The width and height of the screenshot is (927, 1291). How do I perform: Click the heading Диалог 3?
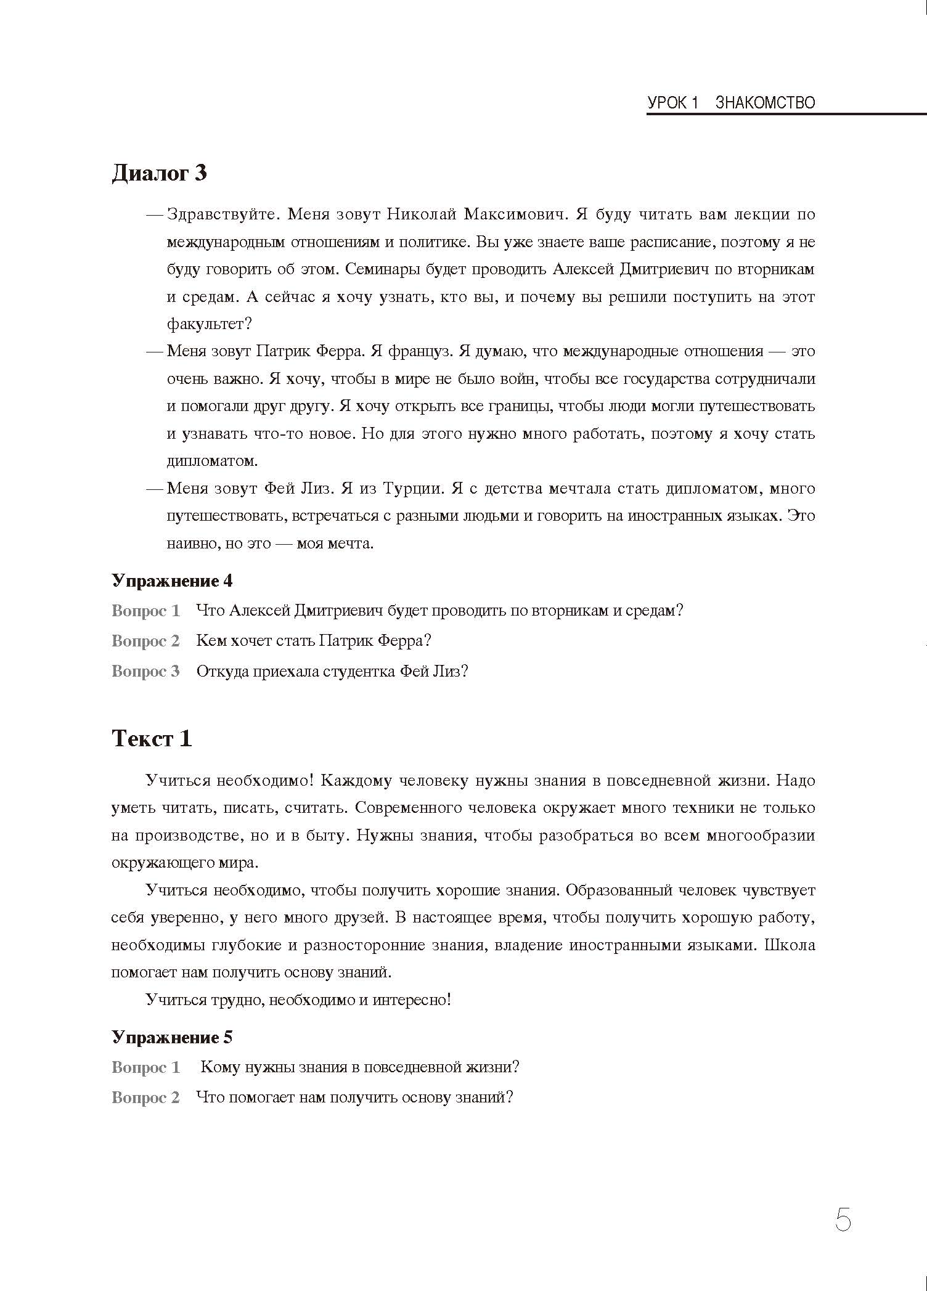point(159,174)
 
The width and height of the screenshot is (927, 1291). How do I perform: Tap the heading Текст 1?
point(152,738)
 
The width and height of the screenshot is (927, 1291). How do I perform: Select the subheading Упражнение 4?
point(172,580)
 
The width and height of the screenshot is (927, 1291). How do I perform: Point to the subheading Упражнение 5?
point(172,1037)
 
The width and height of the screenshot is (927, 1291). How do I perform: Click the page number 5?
point(843,1220)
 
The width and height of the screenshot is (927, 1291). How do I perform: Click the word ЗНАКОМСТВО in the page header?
point(765,102)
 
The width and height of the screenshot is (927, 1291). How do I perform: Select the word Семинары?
point(379,269)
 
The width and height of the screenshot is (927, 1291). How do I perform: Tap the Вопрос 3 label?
point(145,671)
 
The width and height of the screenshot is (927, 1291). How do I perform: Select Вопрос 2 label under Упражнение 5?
point(145,1098)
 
